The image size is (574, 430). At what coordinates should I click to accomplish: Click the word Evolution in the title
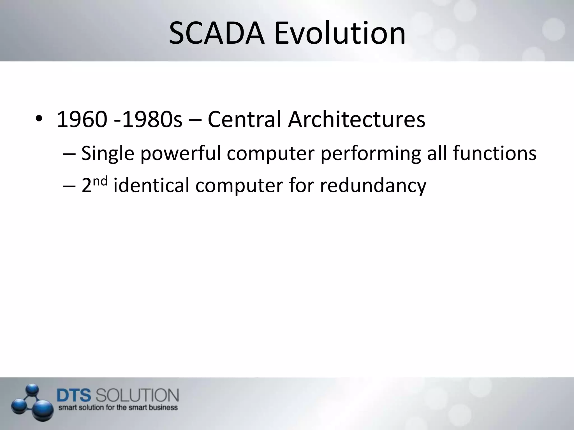click(340, 33)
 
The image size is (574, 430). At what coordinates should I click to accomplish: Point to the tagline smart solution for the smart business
click(118, 407)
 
